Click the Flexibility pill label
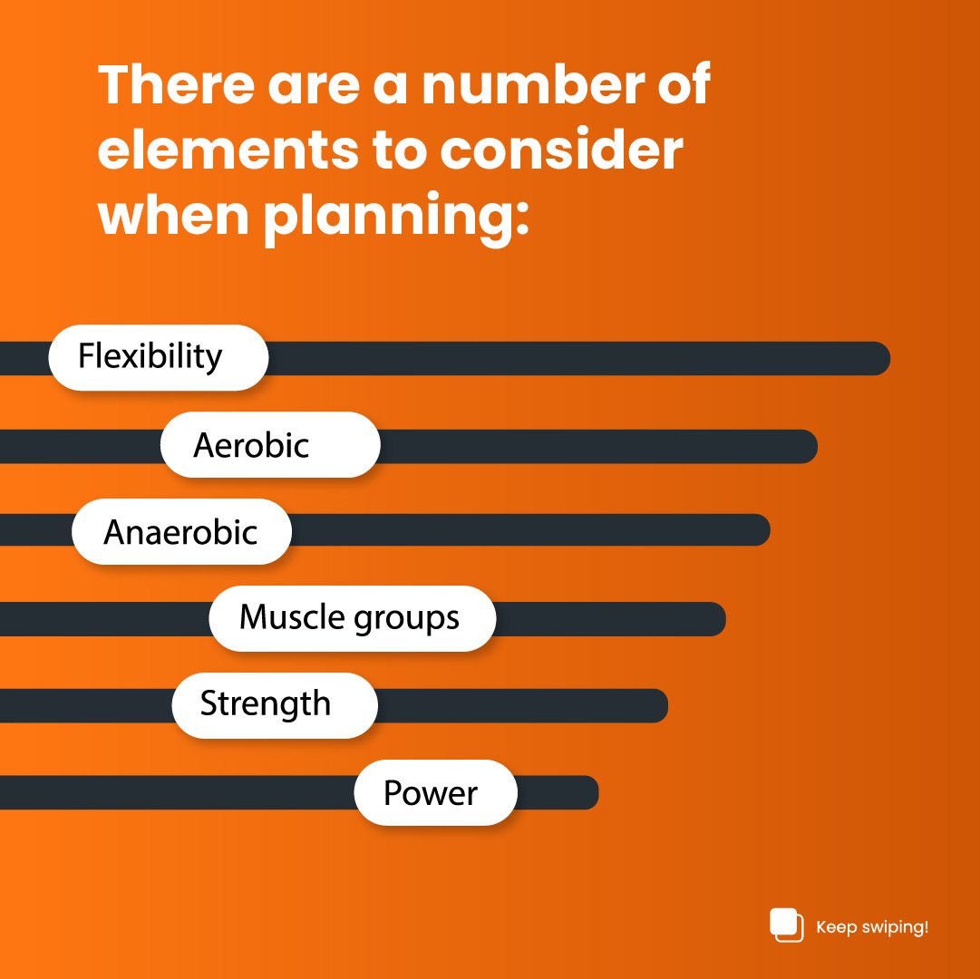pyautogui.click(x=158, y=357)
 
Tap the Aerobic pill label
pyautogui.click(x=269, y=445)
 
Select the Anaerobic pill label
pyautogui.click(x=181, y=532)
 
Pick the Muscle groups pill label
pyautogui.click(x=352, y=618)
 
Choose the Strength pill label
pyautogui.click(x=274, y=705)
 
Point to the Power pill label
pyautogui.click(x=435, y=793)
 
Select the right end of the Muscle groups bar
pyautogui.click(x=713, y=619)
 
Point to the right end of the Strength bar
pyautogui.click(x=655, y=705)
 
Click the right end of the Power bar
pyautogui.click(x=587, y=793)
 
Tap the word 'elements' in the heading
pyautogui.click(x=227, y=150)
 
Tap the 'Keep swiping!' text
pyautogui.click(x=872, y=927)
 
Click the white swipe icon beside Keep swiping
pyautogui.click(x=786, y=924)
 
